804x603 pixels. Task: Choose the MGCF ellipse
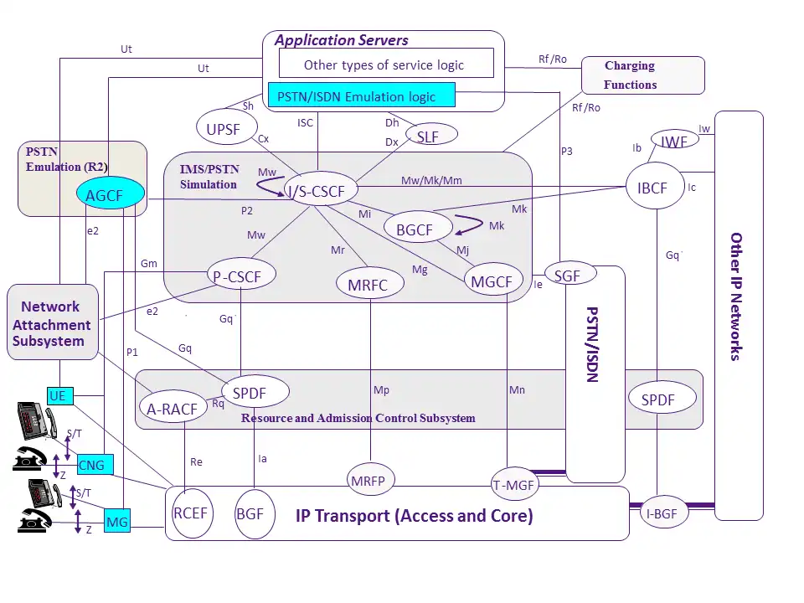[492, 281]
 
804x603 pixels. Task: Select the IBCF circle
[652, 188]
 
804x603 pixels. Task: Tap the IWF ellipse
[674, 142]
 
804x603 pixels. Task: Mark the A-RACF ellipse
[172, 409]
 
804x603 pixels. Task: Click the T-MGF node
[513, 483]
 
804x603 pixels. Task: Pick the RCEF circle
[190, 513]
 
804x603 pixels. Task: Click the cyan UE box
[57, 395]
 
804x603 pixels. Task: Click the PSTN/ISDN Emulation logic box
[361, 95]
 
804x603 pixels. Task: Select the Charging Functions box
[643, 75]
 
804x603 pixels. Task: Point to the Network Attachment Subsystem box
[53, 322]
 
